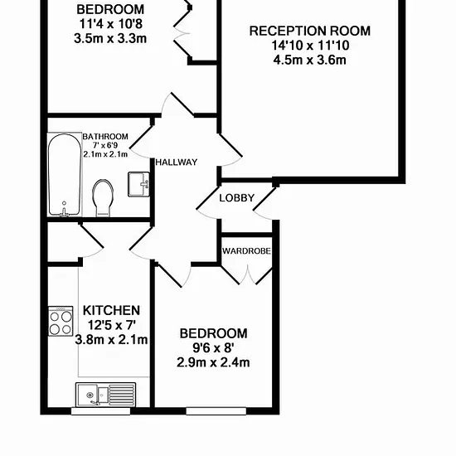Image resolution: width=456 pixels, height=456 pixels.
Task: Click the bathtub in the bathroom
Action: [x=65, y=174]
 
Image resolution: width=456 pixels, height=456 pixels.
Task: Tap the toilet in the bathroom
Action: [x=103, y=198]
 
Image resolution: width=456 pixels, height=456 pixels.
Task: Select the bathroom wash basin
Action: [x=138, y=184]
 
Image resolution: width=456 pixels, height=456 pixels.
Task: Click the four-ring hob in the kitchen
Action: [x=61, y=321]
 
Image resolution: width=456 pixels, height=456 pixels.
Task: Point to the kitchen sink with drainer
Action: [x=105, y=395]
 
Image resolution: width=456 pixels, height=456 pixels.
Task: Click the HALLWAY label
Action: [x=177, y=163]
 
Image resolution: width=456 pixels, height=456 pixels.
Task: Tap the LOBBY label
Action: [x=237, y=198]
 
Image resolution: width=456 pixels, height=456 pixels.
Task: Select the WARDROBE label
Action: [x=246, y=250]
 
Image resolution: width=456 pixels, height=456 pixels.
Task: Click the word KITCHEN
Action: [x=112, y=311]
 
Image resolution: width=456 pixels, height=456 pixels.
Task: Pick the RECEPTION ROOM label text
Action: [x=310, y=32]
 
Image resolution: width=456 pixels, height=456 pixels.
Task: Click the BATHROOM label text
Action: [x=105, y=137]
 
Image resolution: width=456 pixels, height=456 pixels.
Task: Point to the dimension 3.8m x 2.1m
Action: [x=112, y=340]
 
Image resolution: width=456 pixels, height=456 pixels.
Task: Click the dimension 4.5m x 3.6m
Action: [x=310, y=61]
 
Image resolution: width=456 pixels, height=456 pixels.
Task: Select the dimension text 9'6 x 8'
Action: [x=213, y=347]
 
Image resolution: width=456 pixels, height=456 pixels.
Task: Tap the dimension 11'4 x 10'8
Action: [x=111, y=24]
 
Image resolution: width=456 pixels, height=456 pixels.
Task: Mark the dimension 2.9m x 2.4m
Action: [x=213, y=362]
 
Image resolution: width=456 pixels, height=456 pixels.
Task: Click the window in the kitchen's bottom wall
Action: [x=100, y=411]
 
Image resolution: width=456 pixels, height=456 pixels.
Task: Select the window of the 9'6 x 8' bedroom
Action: [x=216, y=411]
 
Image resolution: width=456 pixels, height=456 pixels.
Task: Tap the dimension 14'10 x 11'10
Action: [x=311, y=46]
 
